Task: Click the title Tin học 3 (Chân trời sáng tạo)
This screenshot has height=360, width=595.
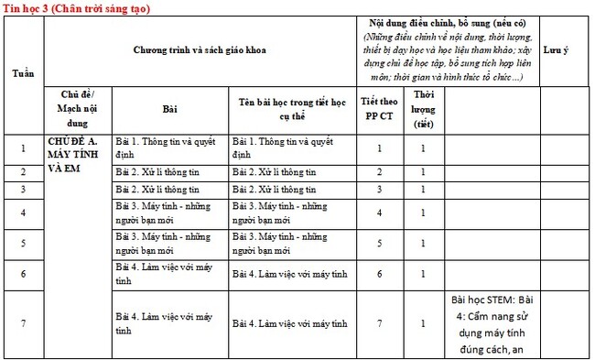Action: click(76, 7)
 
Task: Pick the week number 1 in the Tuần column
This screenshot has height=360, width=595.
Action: click(23, 147)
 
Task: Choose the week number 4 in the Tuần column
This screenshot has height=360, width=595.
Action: click(23, 213)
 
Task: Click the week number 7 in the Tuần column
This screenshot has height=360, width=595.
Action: click(23, 323)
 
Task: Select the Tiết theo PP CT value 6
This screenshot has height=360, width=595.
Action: click(379, 274)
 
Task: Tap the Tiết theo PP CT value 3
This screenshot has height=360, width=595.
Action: click(379, 189)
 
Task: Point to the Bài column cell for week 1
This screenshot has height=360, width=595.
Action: click(169, 147)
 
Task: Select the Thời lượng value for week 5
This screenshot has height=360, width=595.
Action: click(422, 244)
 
